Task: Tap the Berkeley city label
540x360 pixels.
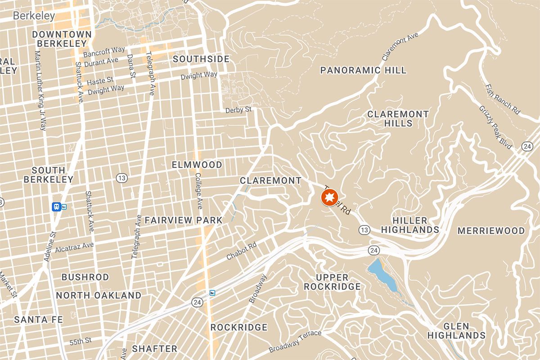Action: click(34, 16)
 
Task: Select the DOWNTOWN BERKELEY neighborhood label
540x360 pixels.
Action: click(62, 39)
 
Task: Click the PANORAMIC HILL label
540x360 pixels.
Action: click(363, 70)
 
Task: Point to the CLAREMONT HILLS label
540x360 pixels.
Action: click(398, 118)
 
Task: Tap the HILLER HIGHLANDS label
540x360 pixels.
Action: click(410, 225)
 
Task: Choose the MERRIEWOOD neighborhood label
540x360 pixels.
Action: click(491, 231)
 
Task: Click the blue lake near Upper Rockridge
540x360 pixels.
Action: click(382, 274)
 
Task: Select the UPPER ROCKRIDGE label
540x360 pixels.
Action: click(332, 282)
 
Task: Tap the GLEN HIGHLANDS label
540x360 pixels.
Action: click(456, 331)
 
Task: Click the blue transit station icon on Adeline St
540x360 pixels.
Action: click(56, 207)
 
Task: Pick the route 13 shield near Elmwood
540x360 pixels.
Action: click(121, 178)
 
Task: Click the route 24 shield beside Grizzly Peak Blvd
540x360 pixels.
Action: click(527, 146)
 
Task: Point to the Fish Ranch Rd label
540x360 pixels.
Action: click(503, 99)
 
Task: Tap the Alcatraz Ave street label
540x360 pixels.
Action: click(74, 247)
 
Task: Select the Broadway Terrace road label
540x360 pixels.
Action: click(295, 342)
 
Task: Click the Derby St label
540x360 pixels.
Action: click(238, 110)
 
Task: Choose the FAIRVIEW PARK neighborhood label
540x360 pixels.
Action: click(183, 220)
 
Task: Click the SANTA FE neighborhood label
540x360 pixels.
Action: click(38, 319)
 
